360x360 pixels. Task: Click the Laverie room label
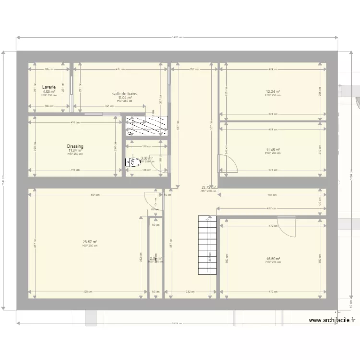point(49,88)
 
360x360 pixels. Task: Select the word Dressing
point(75,146)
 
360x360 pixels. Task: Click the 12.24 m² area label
point(273,92)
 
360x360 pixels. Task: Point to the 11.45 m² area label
point(273,150)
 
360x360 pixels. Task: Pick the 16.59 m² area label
point(273,259)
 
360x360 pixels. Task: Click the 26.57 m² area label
point(90,242)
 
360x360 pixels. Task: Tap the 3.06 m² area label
point(146,158)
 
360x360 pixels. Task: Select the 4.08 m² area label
point(49,92)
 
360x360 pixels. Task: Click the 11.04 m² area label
point(125,97)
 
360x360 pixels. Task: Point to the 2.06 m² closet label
point(156,258)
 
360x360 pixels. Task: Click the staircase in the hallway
point(207,245)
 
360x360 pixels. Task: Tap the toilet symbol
point(132,163)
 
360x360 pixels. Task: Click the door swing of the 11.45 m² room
point(228,164)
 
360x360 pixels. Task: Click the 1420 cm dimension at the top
point(177,37)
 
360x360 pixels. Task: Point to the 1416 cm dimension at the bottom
point(177,323)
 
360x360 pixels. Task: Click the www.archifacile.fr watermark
point(332,320)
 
